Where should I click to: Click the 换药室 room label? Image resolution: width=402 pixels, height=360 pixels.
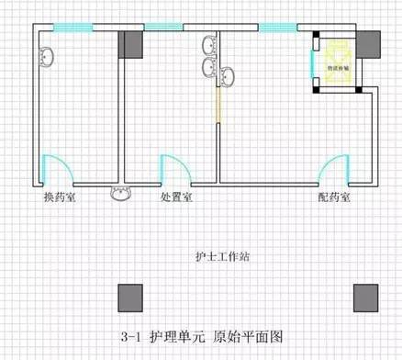coord(60,197)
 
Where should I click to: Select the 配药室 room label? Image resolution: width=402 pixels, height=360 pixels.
coord(334,197)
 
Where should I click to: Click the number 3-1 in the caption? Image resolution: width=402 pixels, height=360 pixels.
coord(128,336)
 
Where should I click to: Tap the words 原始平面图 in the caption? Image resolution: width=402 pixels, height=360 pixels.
coord(249,336)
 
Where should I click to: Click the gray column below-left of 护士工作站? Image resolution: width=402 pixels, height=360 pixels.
coord(128,296)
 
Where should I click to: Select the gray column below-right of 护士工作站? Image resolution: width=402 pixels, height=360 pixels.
coord(367,296)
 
